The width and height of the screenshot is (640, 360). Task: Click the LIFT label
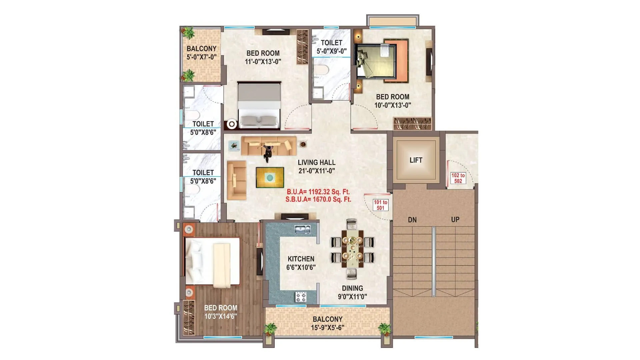[416, 160]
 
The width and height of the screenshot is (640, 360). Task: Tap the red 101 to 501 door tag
[380, 205]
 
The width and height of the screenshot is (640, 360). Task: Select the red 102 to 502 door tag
[458, 178]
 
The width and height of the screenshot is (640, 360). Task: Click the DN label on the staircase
[412, 220]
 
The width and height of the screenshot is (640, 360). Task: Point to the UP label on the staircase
[455, 220]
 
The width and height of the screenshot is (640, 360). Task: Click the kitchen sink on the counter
[302, 229]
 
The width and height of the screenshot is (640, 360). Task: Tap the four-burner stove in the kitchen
[301, 297]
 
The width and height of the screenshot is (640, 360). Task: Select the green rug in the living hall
[270, 177]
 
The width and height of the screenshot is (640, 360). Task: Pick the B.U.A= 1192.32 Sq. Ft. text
[318, 192]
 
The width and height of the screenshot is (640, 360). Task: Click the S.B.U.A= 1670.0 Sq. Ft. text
[318, 200]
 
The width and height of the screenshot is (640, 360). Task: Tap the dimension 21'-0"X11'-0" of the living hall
[316, 171]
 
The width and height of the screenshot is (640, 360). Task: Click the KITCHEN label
[301, 259]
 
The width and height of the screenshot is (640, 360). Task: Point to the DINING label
[352, 288]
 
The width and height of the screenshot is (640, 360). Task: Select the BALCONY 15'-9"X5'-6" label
[327, 323]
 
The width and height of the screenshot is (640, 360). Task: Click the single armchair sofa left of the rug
[236, 180]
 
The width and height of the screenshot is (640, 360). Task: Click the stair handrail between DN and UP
[433, 261]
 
